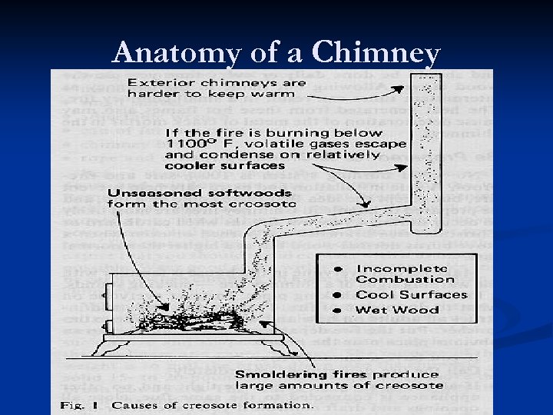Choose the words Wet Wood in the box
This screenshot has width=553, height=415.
point(397,310)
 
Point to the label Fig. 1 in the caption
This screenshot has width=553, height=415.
point(77,404)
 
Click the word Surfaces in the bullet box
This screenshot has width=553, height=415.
point(430,295)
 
